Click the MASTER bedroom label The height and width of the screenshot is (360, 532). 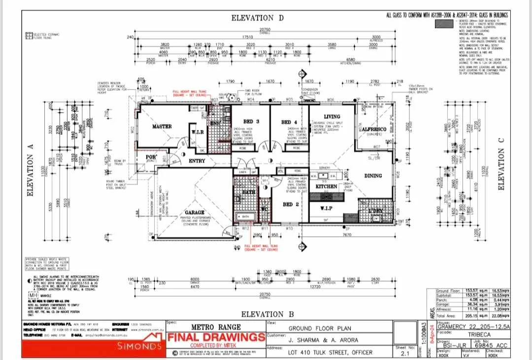(162, 127)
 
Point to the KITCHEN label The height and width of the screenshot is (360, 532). (326, 187)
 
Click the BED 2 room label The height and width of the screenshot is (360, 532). (289, 204)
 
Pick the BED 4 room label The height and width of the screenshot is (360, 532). (289, 122)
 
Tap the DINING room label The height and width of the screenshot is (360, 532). (373, 175)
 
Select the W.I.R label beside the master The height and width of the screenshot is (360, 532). (197, 132)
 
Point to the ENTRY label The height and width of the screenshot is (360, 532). (197, 161)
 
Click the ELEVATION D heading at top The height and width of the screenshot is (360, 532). (258, 18)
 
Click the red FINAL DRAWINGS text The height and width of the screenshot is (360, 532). (216, 337)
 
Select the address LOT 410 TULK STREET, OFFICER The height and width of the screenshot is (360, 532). (331, 353)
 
